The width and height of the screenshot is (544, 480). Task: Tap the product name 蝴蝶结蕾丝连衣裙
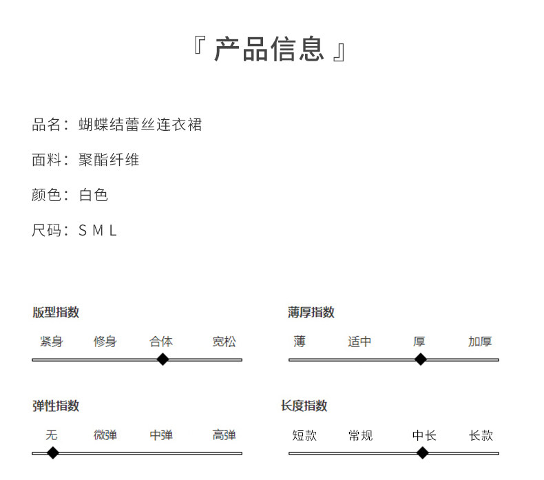(140, 125)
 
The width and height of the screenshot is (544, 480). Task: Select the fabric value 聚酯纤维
(109, 160)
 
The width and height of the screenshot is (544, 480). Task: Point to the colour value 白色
(94, 195)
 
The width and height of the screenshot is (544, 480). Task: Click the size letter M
(97, 231)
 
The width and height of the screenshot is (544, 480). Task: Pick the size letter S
(83, 231)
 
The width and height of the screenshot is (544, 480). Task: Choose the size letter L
(113, 231)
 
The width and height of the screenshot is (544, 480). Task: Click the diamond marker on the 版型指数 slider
(163, 359)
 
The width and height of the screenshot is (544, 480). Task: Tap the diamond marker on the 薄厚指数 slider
(420, 359)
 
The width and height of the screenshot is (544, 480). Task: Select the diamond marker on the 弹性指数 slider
(52, 452)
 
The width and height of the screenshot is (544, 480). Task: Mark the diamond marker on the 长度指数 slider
(423, 452)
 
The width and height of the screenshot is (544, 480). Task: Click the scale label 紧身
(52, 342)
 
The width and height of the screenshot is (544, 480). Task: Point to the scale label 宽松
(224, 342)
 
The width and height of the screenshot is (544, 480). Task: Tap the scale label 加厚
(480, 342)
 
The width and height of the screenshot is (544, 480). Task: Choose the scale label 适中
(359, 342)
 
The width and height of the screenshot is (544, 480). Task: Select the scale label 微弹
(105, 435)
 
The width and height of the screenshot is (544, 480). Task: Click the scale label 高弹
(224, 435)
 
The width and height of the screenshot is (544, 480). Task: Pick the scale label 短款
(304, 435)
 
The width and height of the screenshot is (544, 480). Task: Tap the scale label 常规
(360, 435)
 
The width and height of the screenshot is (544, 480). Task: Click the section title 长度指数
(304, 406)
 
